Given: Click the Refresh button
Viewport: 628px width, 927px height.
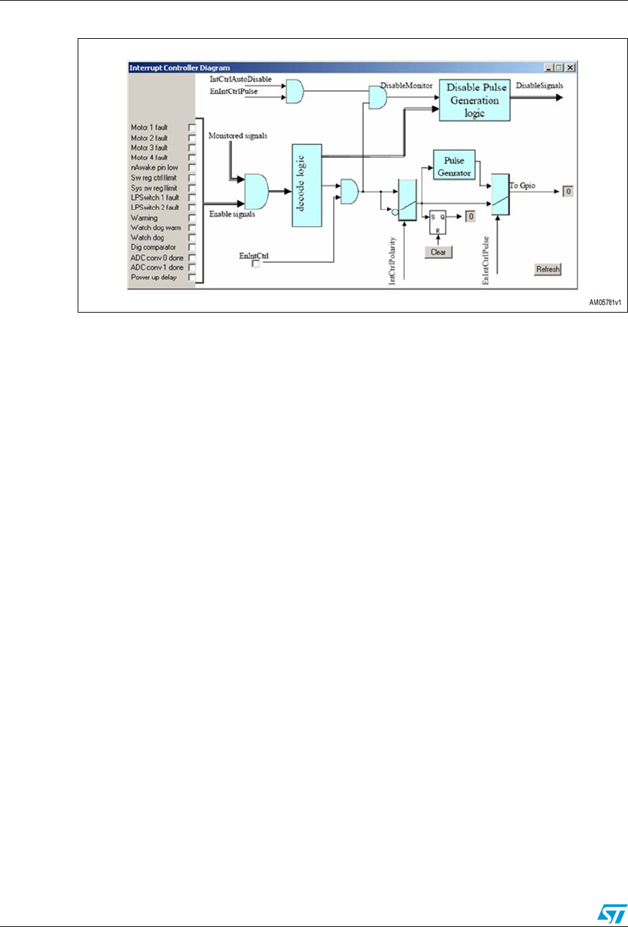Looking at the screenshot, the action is coord(548,269).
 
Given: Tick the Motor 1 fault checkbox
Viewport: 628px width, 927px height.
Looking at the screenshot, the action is coord(192,127).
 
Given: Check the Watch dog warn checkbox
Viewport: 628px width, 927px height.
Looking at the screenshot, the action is coord(192,227).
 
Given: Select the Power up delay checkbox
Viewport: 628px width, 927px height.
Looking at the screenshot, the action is coord(192,277).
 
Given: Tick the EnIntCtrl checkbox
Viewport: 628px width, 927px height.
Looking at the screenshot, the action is coord(256,263).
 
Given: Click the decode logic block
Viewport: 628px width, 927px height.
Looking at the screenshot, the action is coord(307,185).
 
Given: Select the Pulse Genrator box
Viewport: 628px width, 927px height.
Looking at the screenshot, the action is coord(454,165).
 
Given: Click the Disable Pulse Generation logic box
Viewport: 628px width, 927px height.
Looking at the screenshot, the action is coord(475,100).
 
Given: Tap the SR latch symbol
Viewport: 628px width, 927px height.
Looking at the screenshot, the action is coord(437,222).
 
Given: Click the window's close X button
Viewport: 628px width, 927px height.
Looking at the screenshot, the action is coord(571,67).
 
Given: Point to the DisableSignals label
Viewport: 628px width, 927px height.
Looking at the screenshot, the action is coord(539,86).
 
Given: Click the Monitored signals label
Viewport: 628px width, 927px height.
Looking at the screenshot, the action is coord(238,136).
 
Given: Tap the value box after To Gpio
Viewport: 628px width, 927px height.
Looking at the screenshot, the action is coord(568,191).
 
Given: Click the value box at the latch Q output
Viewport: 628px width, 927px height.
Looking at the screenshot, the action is coord(470,217).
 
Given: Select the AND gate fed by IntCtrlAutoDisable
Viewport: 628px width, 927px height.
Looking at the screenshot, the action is coord(295,91).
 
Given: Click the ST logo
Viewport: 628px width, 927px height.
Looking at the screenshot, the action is coord(612,913).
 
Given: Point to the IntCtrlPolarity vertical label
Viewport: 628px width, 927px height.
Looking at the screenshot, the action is coord(392,261).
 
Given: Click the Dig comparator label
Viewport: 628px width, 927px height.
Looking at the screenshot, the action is coord(153,247).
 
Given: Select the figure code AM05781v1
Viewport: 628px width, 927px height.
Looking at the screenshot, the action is coord(605,302).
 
